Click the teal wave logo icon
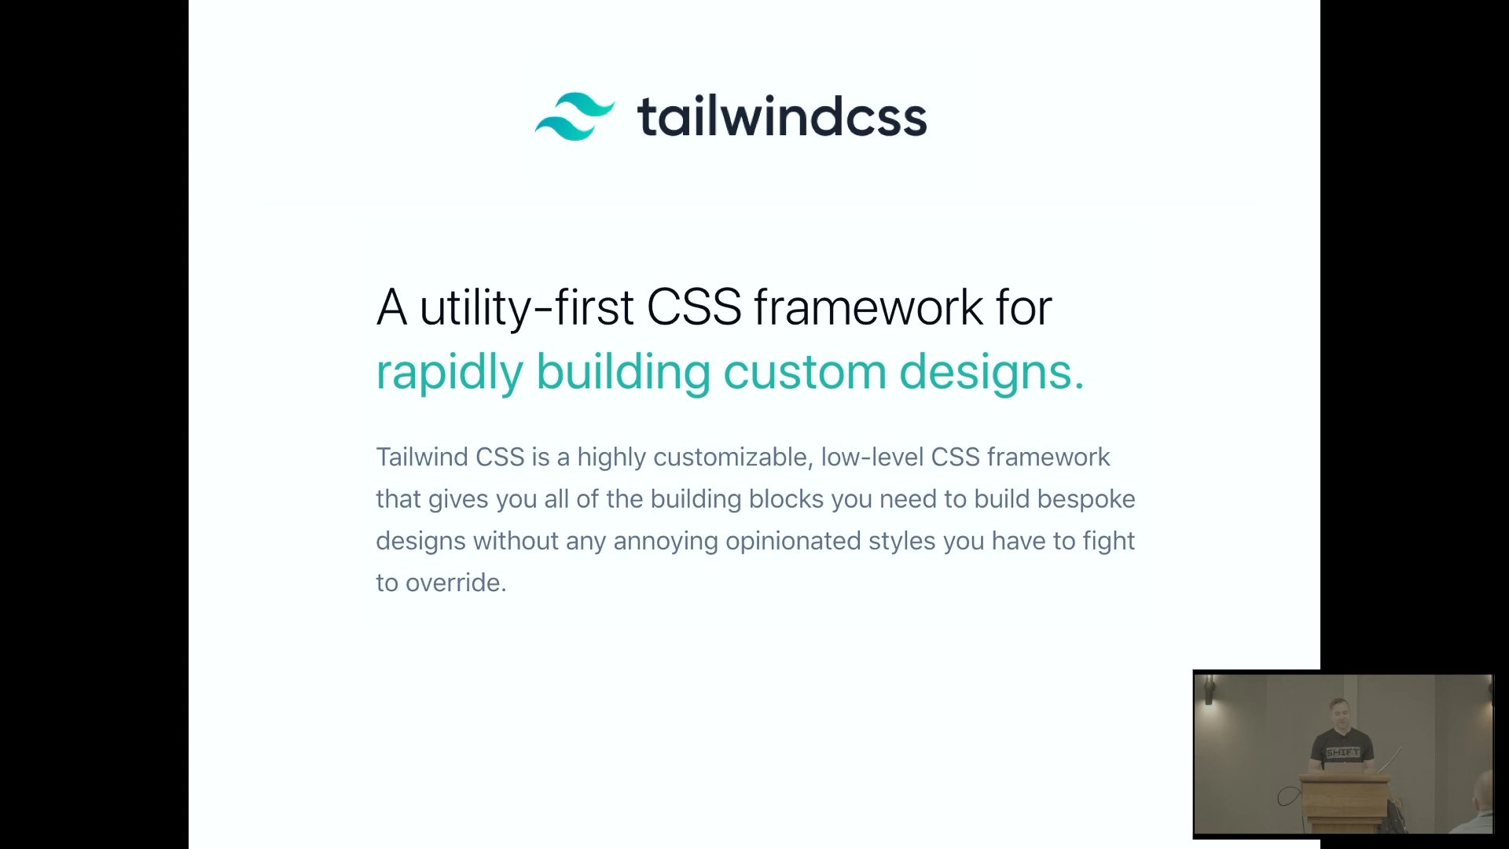(575, 116)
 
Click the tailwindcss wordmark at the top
(782, 116)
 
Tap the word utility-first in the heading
(527, 307)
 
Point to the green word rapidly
(450, 372)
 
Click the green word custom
(805, 372)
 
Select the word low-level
(872, 457)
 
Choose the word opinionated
(793, 542)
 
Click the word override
(456, 583)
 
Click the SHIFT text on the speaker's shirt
(1342, 752)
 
